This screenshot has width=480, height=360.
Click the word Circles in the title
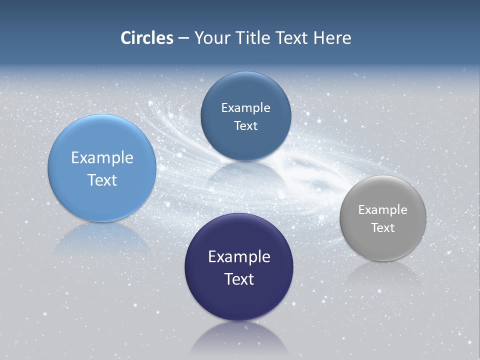147,38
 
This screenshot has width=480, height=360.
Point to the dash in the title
183,38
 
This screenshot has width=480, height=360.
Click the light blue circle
102,145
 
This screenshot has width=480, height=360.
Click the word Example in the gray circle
383,210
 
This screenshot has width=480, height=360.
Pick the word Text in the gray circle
383,228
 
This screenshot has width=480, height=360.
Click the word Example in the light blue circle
102,158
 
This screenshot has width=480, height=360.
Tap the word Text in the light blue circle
102,180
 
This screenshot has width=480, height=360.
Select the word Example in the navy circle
239,257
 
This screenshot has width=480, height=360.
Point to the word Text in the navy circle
239,279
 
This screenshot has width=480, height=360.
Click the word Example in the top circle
245,108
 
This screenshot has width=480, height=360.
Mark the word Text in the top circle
245,126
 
